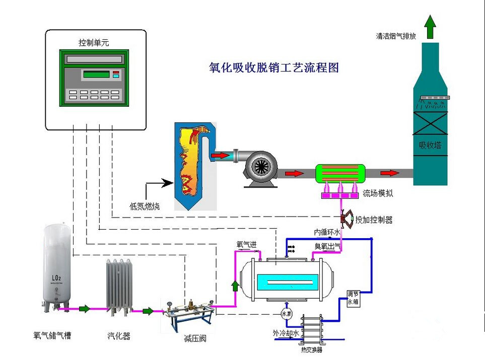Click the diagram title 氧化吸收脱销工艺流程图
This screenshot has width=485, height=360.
tap(273, 67)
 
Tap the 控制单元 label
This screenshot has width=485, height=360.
tap(94, 43)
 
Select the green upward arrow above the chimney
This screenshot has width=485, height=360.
tap(430, 26)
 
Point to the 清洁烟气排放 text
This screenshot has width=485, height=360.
tap(396, 36)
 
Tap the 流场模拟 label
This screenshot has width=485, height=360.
tap(378, 193)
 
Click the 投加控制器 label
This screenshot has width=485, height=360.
tap(374, 220)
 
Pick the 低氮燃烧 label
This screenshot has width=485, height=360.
tap(145, 205)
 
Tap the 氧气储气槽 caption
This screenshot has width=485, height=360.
tap(52, 335)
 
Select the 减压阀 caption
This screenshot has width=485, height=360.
tap(195, 338)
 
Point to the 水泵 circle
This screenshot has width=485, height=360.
tap(287, 313)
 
